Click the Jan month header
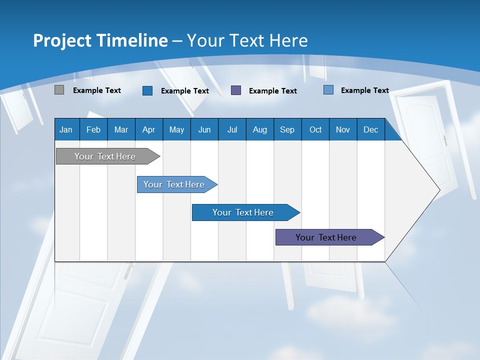pos(66,129)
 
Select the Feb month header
pos(93,129)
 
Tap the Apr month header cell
pos(149,129)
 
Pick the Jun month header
pos(204,129)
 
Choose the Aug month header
pos(260,129)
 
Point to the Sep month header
pos(287,129)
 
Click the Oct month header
pos(315,129)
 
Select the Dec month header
pos(371,129)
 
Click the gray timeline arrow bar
pos(105,156)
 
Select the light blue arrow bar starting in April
pos(174,184)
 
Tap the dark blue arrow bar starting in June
pos(243,212)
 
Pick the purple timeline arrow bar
pos(326,237)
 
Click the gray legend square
pos(59,90)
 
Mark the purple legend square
pos(236,90)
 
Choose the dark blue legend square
pos(147,90)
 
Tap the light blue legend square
pos(328,90)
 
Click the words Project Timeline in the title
pos(100,40)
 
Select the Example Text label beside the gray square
pos(97,90)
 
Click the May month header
pos(176,129)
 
